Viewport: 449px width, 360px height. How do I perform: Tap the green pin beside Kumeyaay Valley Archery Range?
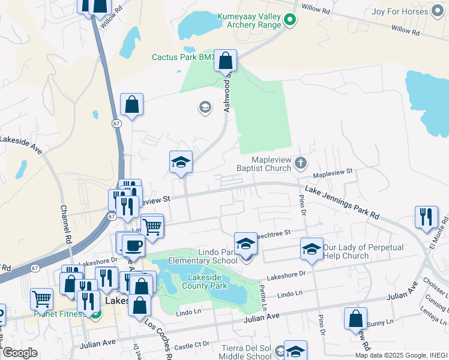pos(289,20)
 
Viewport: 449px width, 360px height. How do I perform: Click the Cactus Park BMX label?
pos(183,58)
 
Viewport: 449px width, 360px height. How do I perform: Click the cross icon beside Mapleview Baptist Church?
pos(300,163)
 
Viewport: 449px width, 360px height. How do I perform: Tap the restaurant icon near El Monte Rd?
pos(426,217)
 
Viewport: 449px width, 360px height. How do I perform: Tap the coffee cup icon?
pos(133,245)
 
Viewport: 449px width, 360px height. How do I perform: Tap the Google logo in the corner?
pos(20,353)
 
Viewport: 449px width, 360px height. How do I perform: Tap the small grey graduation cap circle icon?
pos(205,107)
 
